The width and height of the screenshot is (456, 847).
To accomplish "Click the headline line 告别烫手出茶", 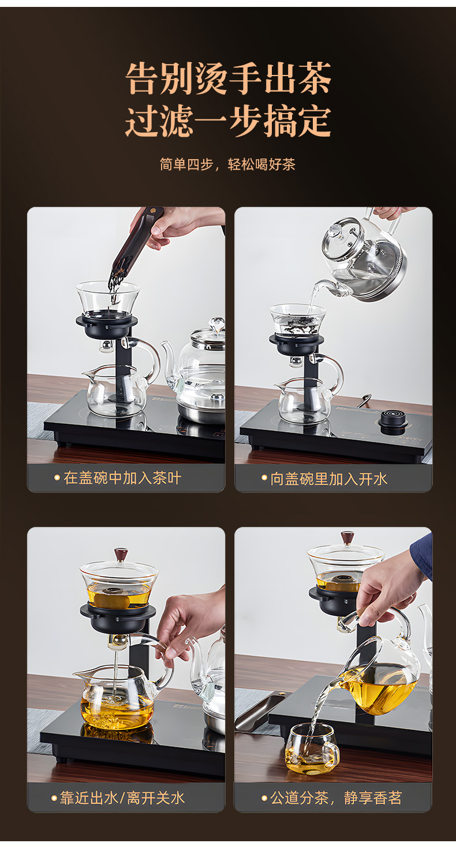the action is (x=228, y=78).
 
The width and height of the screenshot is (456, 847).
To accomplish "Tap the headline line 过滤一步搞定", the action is (x=228, y=122).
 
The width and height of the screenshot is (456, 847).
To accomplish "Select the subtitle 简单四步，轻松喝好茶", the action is (x=227, y=164).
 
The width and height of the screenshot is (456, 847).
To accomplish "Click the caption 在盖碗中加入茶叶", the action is (x=122, y=478).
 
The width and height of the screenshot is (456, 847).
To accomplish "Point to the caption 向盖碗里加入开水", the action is (x=329, y=479).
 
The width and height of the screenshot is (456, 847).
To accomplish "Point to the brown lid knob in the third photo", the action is (x=121, y=554).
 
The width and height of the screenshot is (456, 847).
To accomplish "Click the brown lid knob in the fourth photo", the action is (x=347, y=537).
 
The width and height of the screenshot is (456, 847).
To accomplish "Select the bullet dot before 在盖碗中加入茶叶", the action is (x=57, y=478).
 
